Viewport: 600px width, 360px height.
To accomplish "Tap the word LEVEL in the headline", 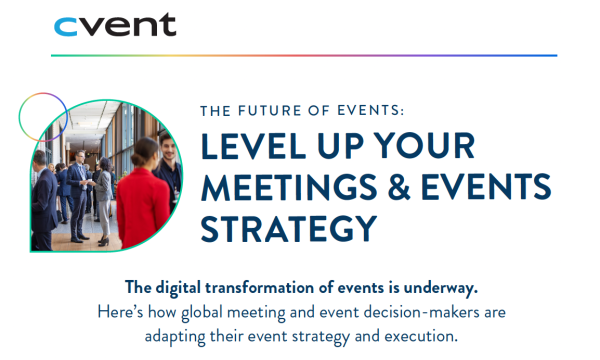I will coord(251,147).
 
